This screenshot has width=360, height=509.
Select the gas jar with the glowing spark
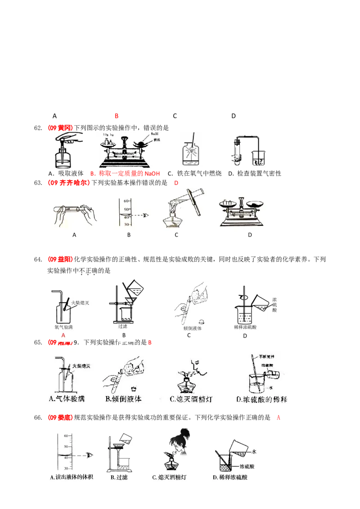pyautogui.click(x=192, y=153)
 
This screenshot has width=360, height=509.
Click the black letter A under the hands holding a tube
pyautogui.click(x=74, y=235)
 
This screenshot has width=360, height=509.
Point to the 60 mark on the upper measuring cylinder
pyautogui.click(x=127, y=201)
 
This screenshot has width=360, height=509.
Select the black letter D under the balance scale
pyautogui.click(x=249, y=235)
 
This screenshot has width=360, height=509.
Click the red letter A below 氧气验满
pyautogui.click(x=63, y=335)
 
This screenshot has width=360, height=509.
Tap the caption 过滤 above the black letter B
pyautogui.click(x=122, y=326)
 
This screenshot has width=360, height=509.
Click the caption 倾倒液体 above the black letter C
pyautogui.click(x=193, y=328)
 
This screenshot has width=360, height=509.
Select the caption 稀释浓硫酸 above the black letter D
pyautogui.click(x=245, y=327)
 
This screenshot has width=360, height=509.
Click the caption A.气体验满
pyautogui.click(x=67, y=399)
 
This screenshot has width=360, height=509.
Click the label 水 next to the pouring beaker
pyautogui.click(x=254, y=451)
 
